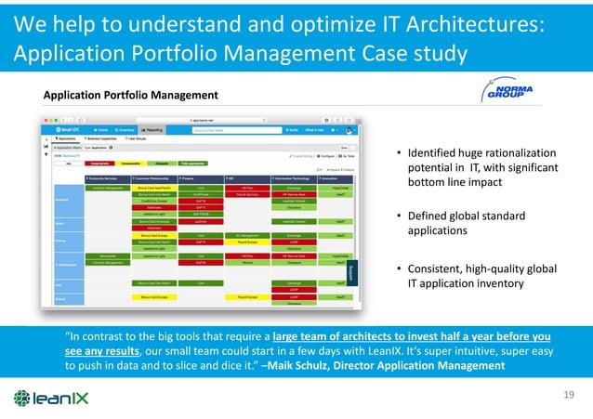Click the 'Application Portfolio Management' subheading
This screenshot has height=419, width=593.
pyautogui.click(x=131, y=96)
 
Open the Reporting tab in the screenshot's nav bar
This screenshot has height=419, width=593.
pyautogui.click(x=152, y=130)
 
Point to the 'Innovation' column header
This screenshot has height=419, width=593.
pyautogui.click(x=338, y=177)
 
